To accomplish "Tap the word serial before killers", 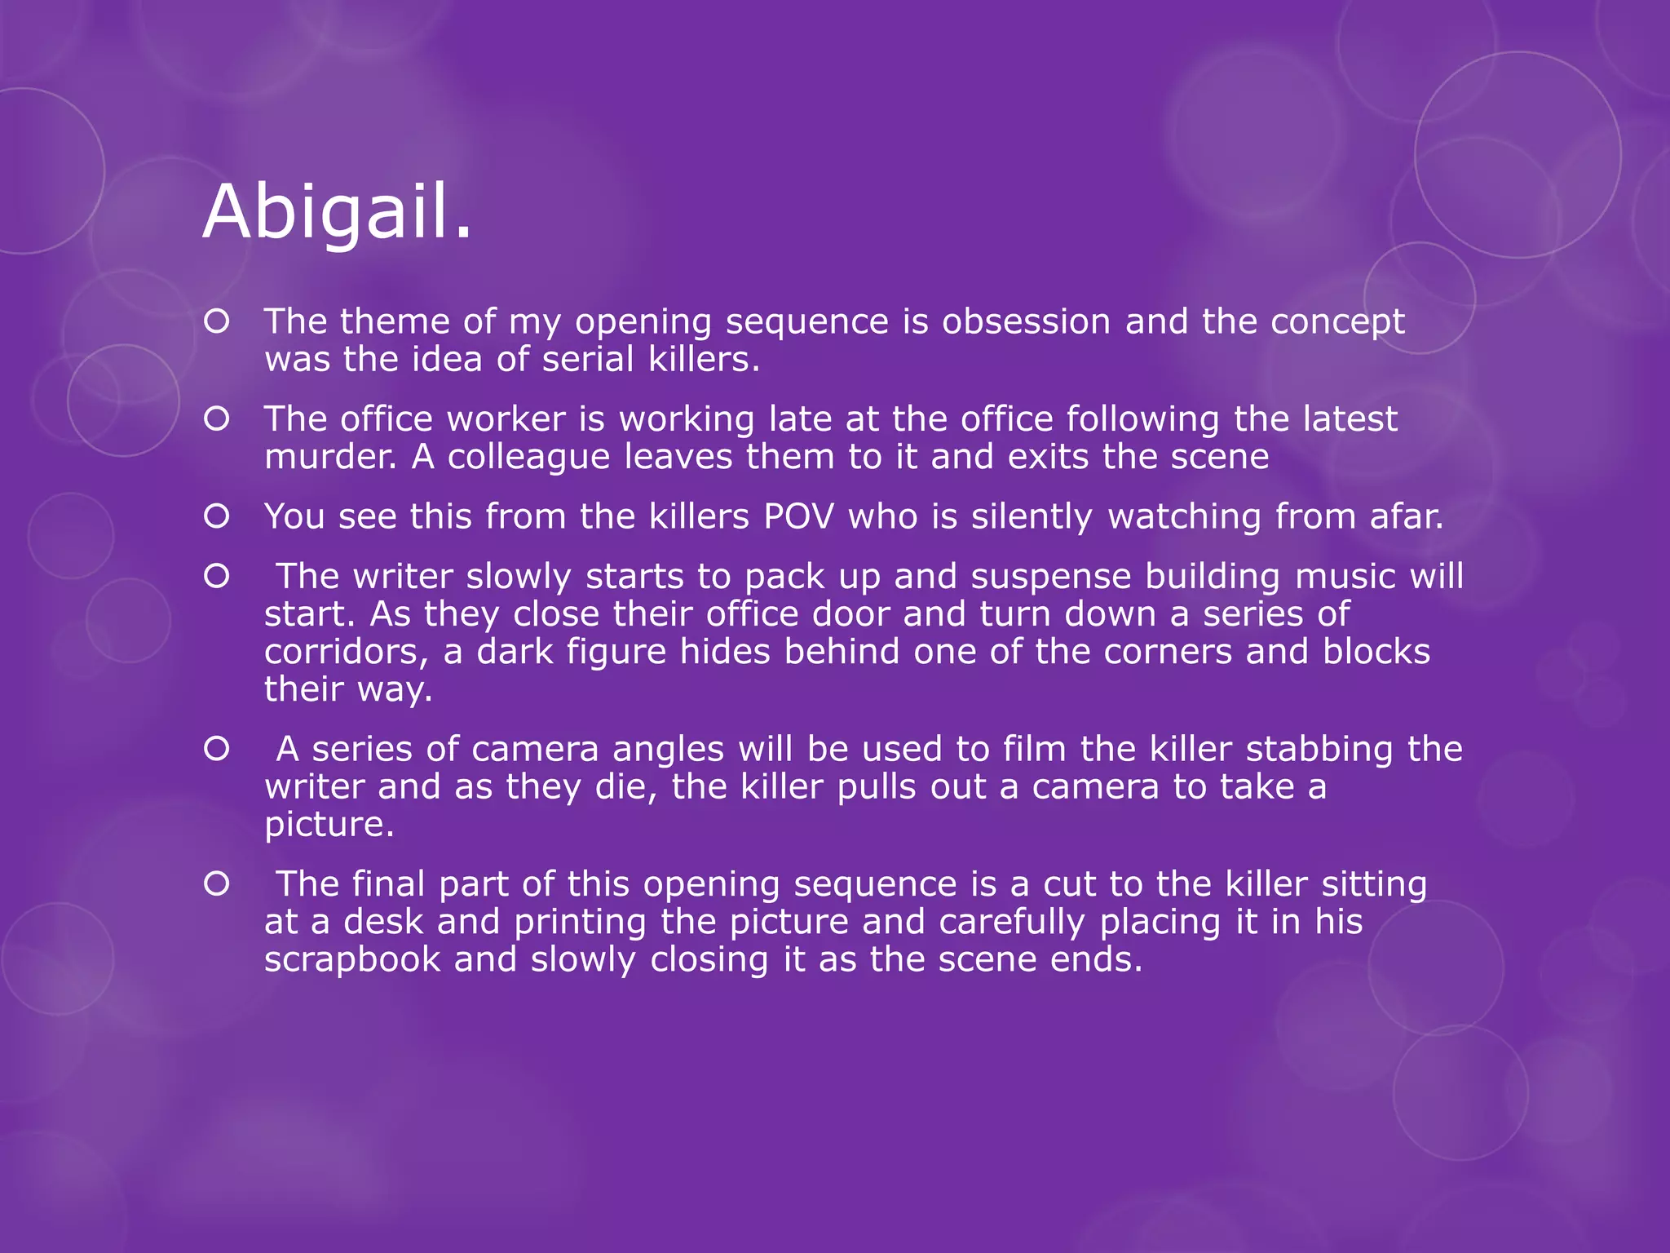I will pos(588,359).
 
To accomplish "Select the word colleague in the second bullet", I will pos(528,457).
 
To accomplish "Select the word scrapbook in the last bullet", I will pos(352,959).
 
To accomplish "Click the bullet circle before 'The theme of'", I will pos(217,322).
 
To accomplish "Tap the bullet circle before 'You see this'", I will pos(217,516).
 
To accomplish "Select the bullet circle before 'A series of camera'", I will pos(217,749).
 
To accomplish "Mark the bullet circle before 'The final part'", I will pos(217,884).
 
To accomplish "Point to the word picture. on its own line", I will pos(329,825).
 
